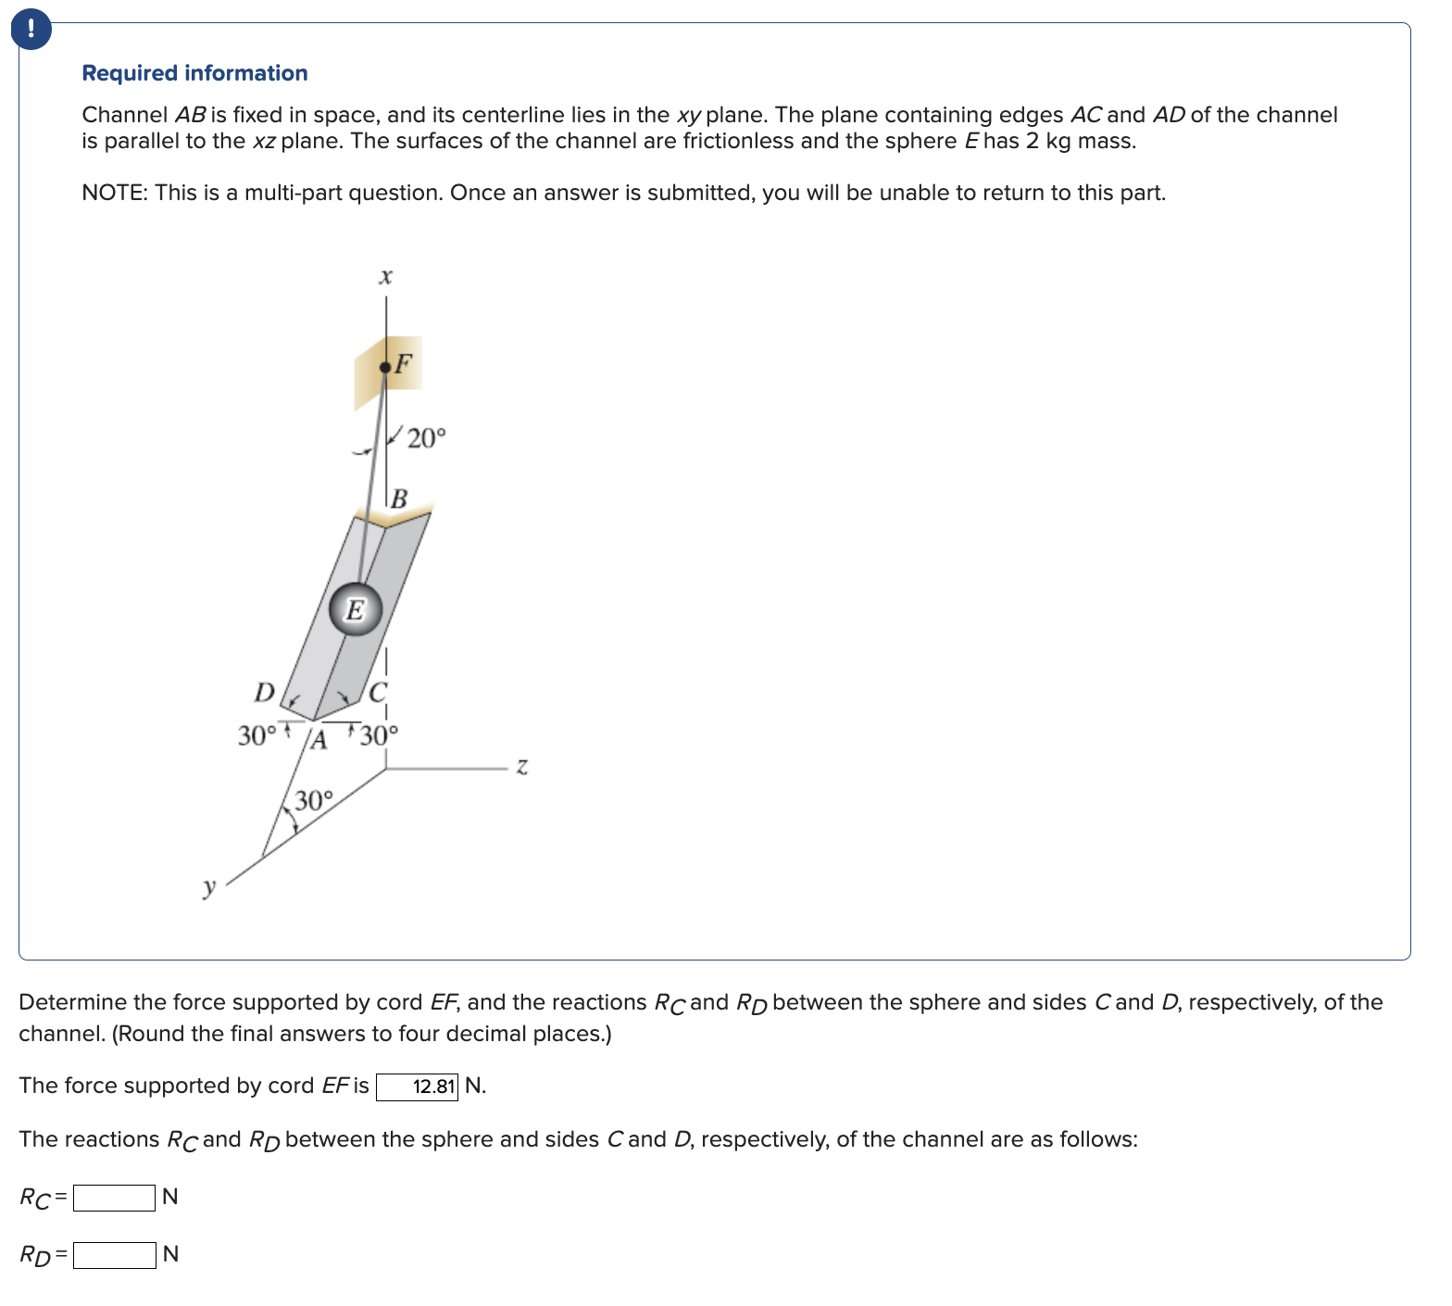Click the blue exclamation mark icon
pos(31,30)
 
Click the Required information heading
pos(194,73)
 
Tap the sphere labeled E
pos(356,609)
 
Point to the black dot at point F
pos(385,368)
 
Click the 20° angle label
pos(426,438)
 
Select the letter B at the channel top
pos(399,499)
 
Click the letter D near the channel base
pos(265,692)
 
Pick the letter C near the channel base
pos(378,692)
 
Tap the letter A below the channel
pos(319,740)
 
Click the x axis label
pos(386,276)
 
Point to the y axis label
pos(209,886)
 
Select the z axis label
pos(522,766)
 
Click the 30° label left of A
pos(257,735)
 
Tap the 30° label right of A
pos(379,735)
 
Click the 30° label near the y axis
pos(314,800)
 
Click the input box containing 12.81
pos(417,1086)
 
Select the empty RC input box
pos(114,1198)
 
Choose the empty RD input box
pos(114,1255)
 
